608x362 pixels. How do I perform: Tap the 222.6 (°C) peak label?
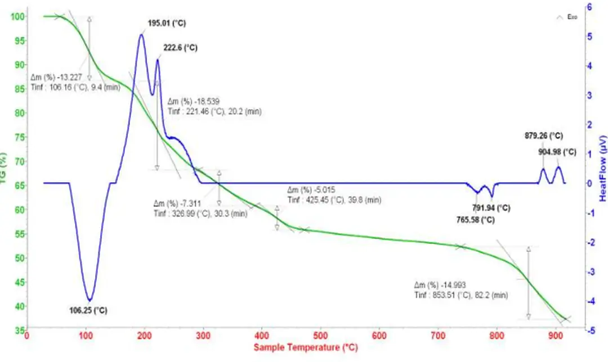point(180,48)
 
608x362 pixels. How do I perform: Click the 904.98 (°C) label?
point(557,152)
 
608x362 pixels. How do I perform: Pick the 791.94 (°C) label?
point(491,208)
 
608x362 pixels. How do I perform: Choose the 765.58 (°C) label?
point(476,220)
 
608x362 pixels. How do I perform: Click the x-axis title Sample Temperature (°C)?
point(305,348)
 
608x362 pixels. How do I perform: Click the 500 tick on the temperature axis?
point(320,334)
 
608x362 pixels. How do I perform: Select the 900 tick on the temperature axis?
point(555,334)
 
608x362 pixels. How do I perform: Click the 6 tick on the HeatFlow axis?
point(589,7)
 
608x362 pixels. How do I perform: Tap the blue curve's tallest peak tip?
point(141,35)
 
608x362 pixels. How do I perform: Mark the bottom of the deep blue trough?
point(89,300)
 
